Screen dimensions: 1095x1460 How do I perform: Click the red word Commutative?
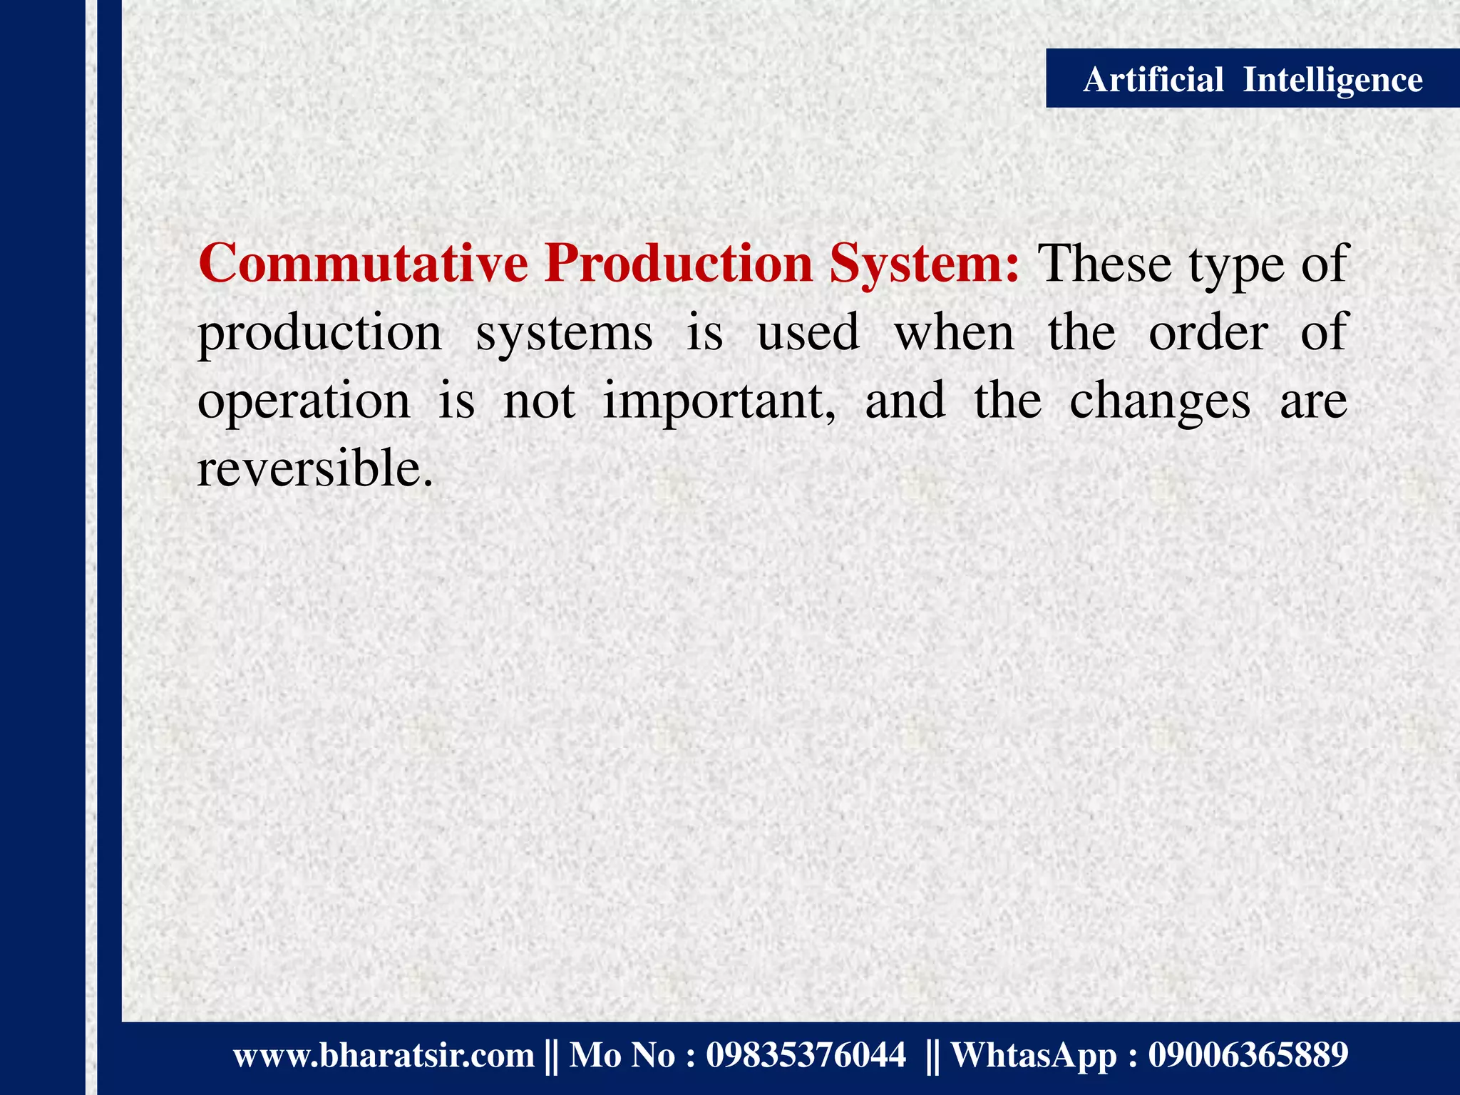[363, 264]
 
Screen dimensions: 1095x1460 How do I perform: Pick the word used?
[808, 333]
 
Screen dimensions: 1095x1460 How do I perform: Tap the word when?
[954, 333]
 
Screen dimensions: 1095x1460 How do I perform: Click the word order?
[1208, 333]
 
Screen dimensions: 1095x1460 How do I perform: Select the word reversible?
[315, 470]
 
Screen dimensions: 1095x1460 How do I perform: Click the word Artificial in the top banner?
[1153, 79]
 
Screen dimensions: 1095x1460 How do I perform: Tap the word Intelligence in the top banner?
[1332, 80]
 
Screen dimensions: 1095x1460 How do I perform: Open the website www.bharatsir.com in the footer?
[384, 1055]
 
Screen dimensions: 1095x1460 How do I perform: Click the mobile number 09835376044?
[806, 1055]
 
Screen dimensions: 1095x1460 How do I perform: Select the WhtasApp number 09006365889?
[1248, 1055]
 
